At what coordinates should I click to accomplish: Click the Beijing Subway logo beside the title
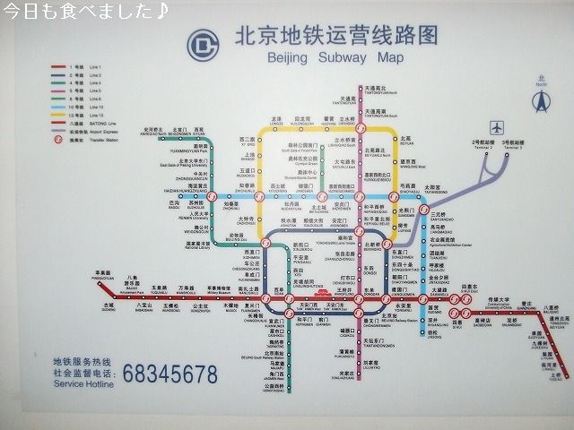pos(207,44)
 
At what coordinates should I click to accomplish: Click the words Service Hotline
pos(83,384)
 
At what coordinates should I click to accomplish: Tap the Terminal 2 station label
pos(484,143)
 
